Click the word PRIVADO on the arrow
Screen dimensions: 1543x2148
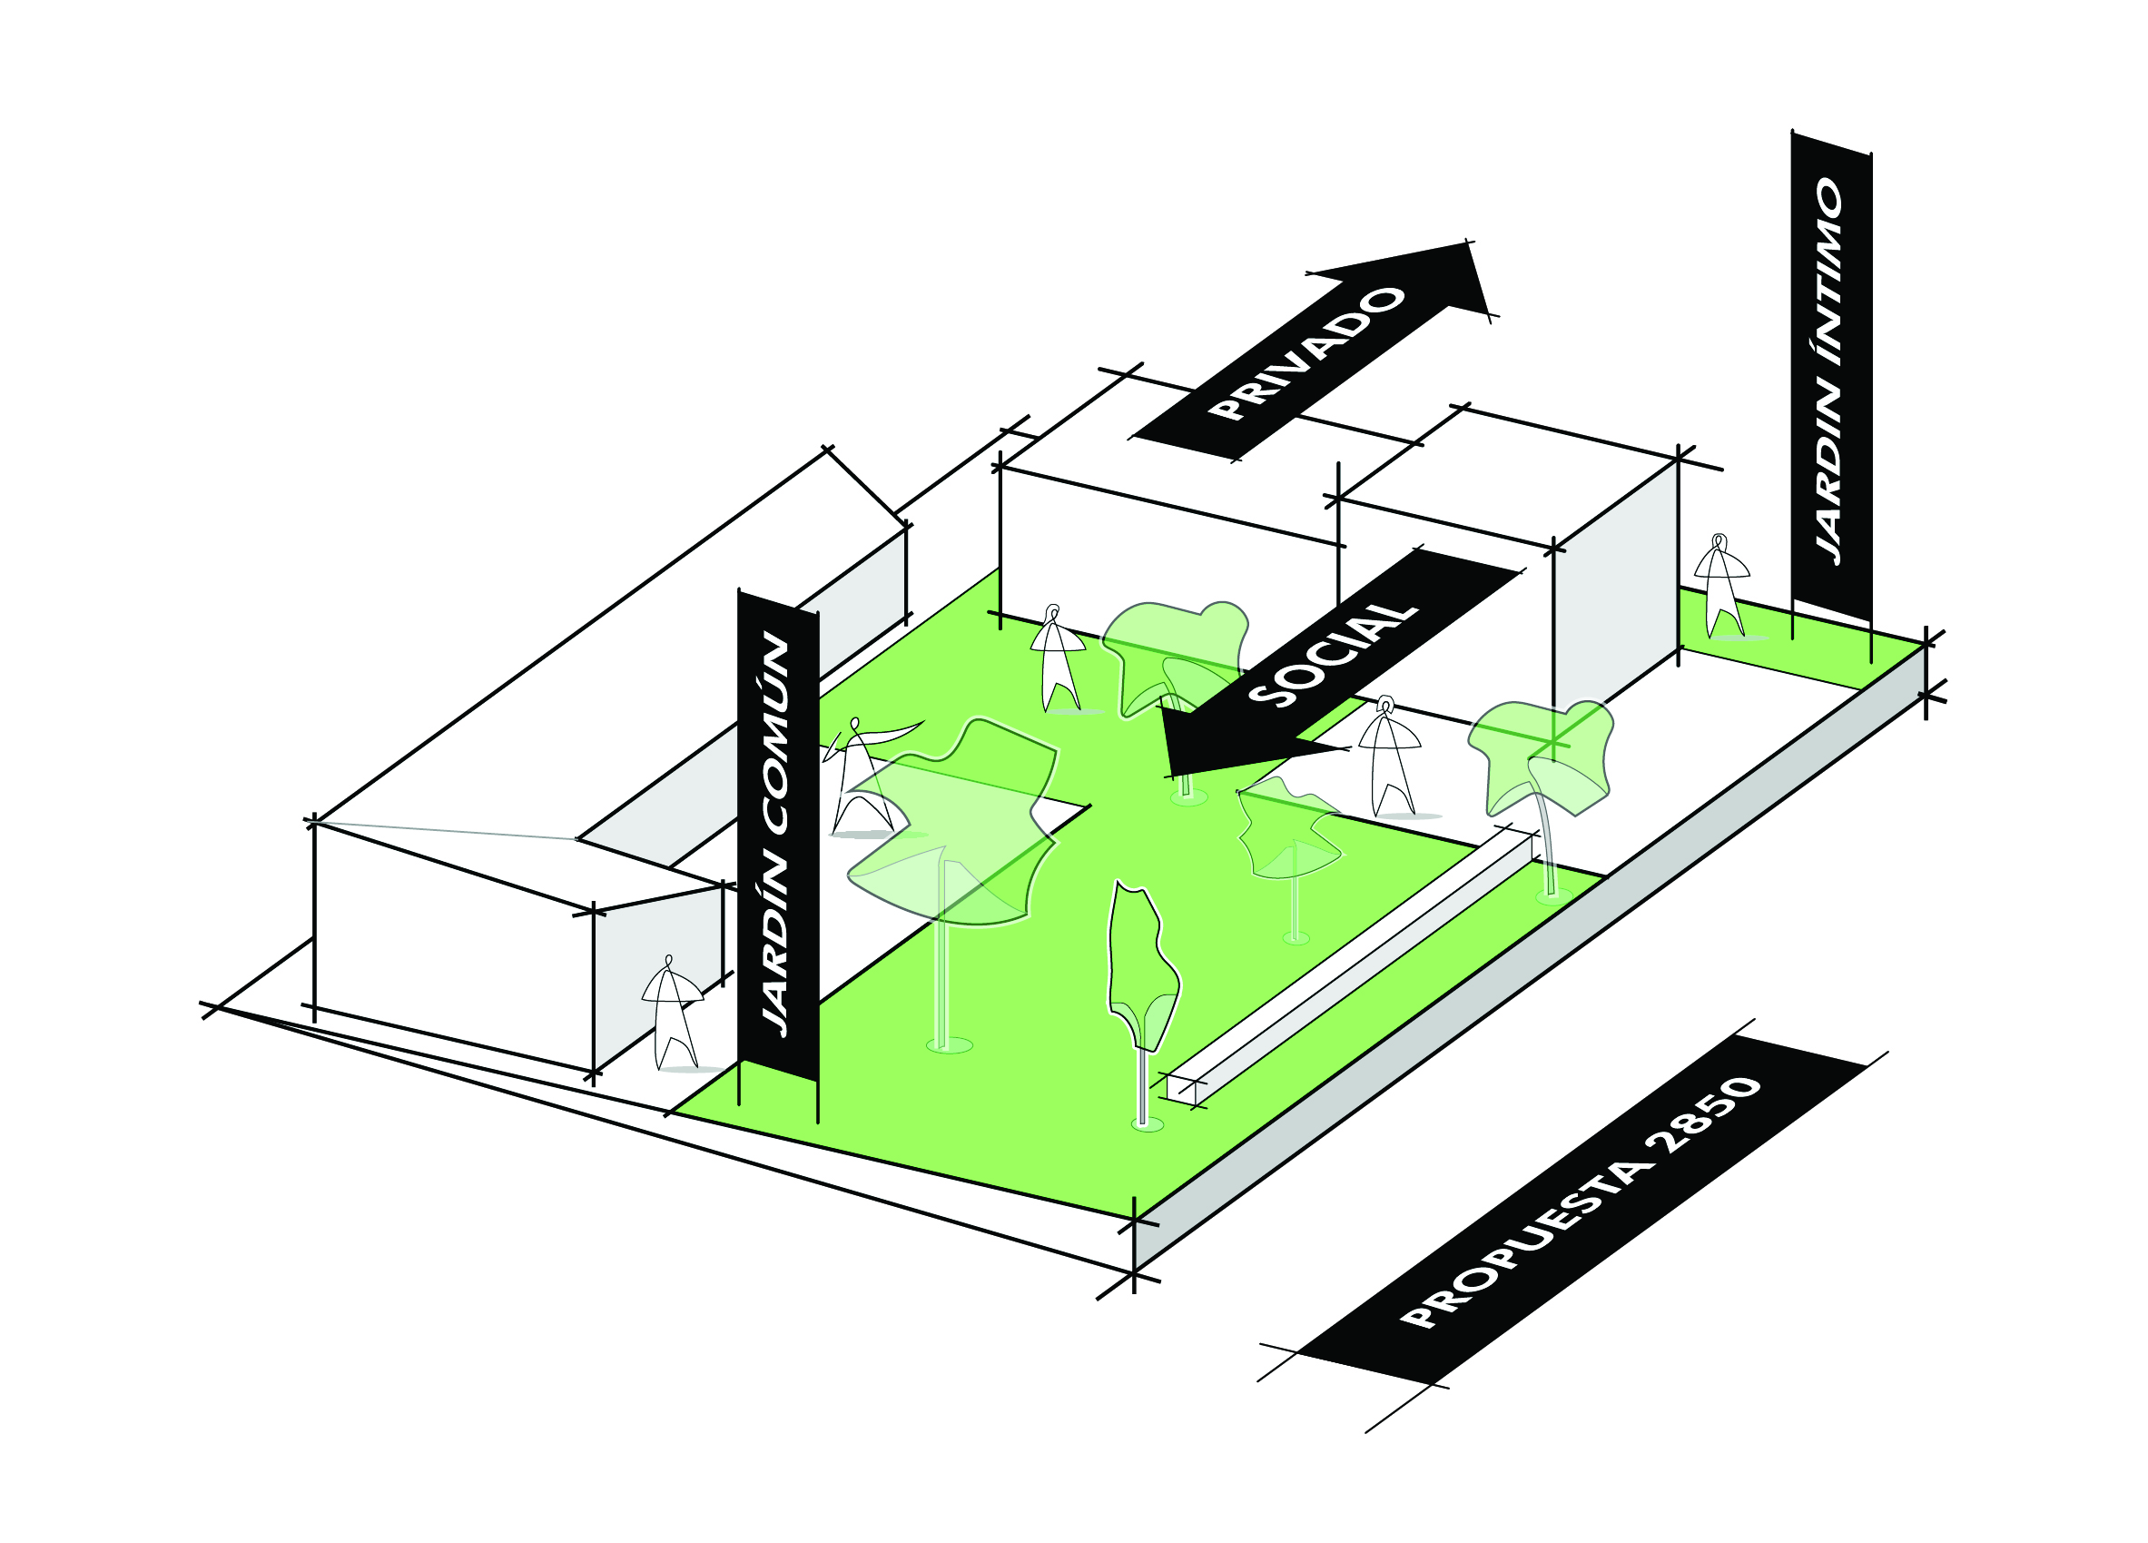[x=1307, y=353]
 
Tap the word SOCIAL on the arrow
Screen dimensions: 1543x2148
[x=1333, y=654]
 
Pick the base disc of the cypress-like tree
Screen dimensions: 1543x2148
[x=1147, y=1124]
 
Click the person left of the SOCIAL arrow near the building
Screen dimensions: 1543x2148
[x=1057, y=658]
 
